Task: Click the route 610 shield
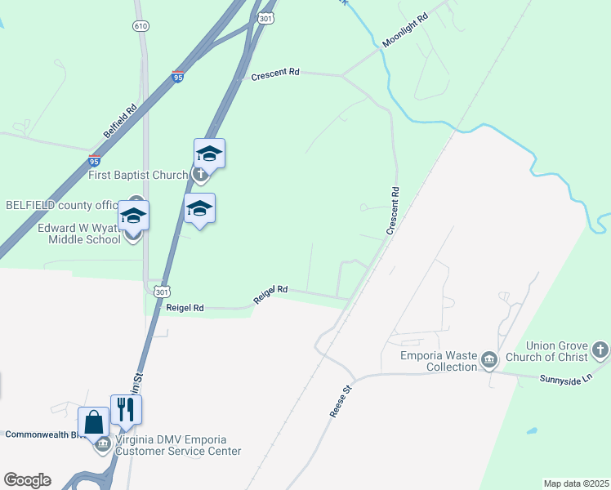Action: pyautogui.click(x=140, y=26)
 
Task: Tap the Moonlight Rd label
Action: pyautogui.click(x=405, y=29)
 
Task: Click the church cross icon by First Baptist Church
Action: pyautogui.click(x=200, y=173)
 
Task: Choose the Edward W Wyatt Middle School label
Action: pyautogui.click(x=79, y=233)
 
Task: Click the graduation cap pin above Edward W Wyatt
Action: pyautogui.click(x=134, y=216)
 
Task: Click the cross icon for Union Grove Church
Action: pyautogui.click(x=600, y=350)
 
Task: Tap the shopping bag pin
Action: pyautogui.click(x=94, y=423)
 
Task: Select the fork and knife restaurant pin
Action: pyautogui.click(x=126, y=408)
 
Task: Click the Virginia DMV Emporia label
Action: pyautogui.click(x=176, y=445)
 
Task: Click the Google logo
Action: pyautogui.click(x=27, y=480)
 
